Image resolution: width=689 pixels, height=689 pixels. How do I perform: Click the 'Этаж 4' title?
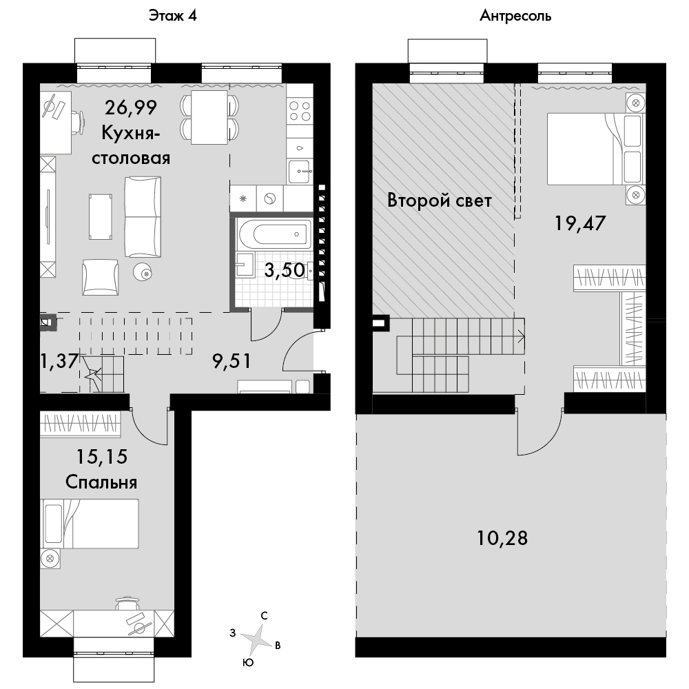173,16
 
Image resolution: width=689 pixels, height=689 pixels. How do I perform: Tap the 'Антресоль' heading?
515,16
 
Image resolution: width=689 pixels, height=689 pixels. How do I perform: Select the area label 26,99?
131,107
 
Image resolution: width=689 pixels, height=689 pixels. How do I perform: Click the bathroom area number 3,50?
285,270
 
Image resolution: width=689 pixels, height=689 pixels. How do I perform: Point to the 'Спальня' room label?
101,482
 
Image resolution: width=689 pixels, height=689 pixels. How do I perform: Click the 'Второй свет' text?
440,200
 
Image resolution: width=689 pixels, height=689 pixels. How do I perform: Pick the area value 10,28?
502,538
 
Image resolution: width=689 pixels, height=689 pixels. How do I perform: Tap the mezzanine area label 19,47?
580,223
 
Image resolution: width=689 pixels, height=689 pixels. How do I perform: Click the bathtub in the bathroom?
275,234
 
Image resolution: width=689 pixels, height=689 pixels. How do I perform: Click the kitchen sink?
300,172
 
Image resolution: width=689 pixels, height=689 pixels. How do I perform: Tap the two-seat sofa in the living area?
143,216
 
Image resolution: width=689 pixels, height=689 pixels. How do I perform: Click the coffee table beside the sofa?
100,217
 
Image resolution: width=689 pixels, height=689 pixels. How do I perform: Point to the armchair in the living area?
100,277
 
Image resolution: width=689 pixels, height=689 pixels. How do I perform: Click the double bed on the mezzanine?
595,149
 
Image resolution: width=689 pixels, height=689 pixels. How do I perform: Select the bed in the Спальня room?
90,524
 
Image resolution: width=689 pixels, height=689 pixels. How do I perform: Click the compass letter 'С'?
264,615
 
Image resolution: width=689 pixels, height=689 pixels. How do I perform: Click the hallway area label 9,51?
232,361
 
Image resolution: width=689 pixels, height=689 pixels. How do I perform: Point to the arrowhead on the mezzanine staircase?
522,337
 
